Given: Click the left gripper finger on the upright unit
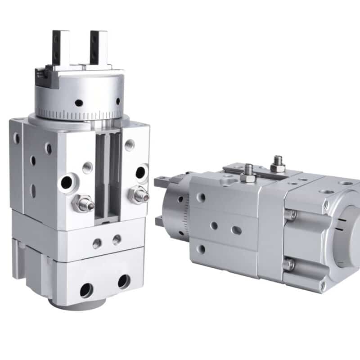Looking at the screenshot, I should pyautogui.click(x=60, y=47).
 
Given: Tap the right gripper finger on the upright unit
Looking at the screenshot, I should pyautogui.click(x=99, y=47).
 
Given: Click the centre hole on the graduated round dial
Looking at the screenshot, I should pyautogui.click(x=79, y=103).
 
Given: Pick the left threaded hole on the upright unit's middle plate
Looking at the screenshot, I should pyautogui.click(x=97, y=243).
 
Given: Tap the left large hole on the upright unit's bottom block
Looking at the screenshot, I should pyautogui.click(x=86, y=290).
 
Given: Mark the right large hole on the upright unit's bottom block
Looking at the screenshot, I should pyautogui.click(x=124, y=281).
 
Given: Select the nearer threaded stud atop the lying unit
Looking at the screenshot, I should pyautogui.click(x=248, y=173).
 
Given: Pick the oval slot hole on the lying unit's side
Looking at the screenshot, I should pyautogui.click(x=236, y=230).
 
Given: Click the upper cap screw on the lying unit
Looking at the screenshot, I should pyautogui.click(x=290, y=215).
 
